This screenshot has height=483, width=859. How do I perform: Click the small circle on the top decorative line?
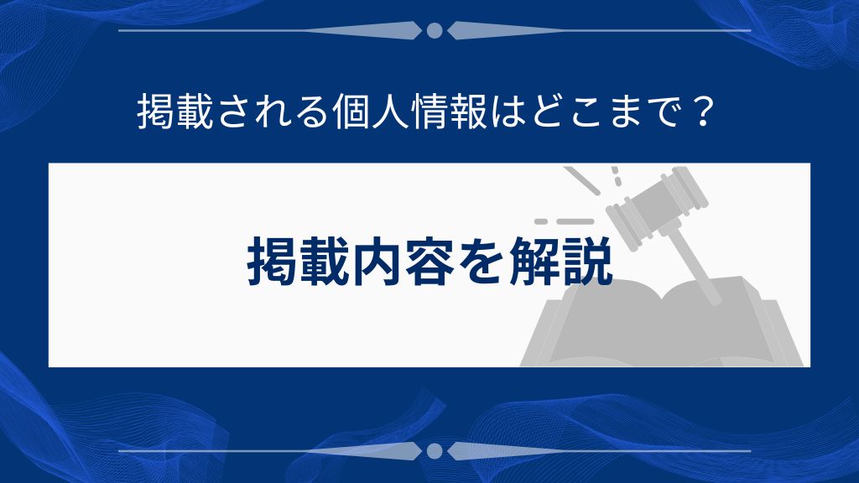point(434,31)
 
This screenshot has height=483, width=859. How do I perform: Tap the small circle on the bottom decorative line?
point(434,451)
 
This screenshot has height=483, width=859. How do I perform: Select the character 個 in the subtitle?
point(344,112)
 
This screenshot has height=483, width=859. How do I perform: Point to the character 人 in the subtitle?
point(384,112)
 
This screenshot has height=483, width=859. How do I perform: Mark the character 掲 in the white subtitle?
point(153,112)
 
